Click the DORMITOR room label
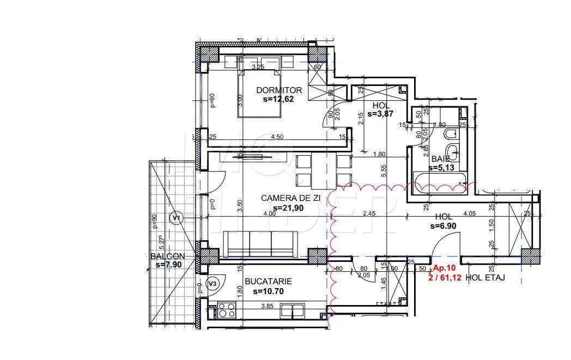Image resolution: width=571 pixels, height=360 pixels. pos(279,90)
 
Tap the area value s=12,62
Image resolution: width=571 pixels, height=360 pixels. pos(279,100)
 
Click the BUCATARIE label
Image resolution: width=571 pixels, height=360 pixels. pos(268,282)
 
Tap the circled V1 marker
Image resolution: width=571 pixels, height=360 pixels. pos(175,218)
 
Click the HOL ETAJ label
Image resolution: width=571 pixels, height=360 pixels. pos(485,278)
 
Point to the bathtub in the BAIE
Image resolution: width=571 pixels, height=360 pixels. pos(440,181)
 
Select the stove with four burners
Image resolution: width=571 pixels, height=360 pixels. pos(226,310)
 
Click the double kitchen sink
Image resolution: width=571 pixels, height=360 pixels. pos(293,310)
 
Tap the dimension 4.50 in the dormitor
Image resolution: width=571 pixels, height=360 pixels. pos(278,137)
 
